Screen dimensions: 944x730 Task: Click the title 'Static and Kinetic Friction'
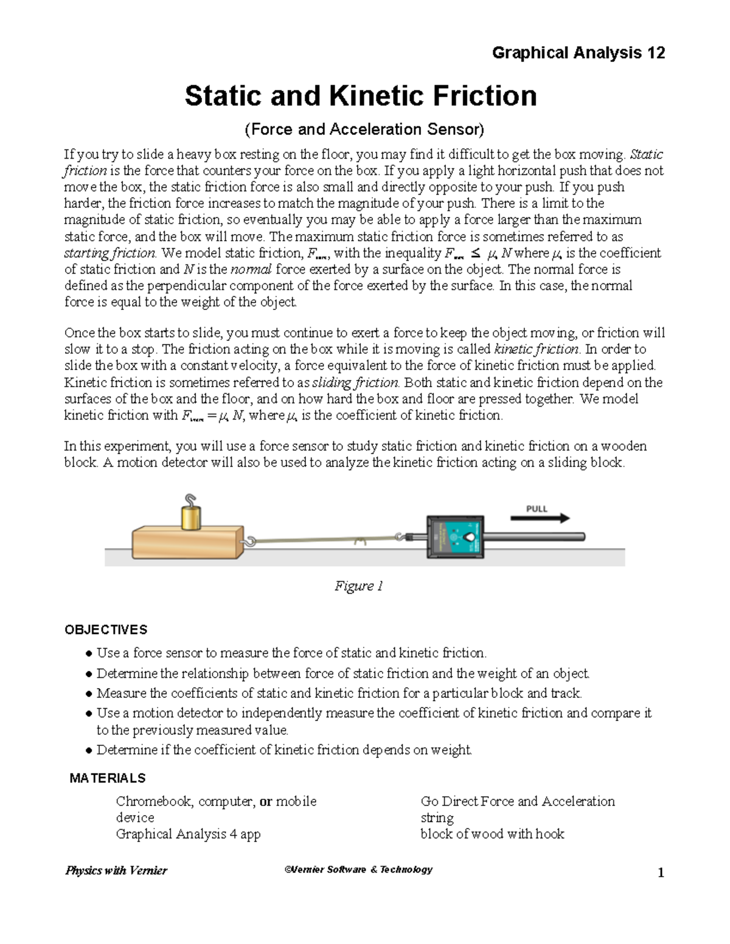click(361, 96)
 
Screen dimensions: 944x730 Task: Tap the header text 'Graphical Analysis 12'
click(578, 53)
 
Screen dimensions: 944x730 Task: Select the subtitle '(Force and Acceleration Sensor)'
click(364, 129)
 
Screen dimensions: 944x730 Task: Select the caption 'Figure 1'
click(359, 586)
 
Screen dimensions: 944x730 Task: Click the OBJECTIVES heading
click(106, 630)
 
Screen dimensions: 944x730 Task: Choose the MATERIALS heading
click(108, 778)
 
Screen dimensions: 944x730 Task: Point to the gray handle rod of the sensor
click(535, 537)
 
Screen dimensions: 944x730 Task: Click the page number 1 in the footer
click(661, 873)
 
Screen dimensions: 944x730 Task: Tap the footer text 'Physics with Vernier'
click(116, 870)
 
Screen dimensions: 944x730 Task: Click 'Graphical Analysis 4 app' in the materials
click(188, 834)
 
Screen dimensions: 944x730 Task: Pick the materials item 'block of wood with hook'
click(492, 834)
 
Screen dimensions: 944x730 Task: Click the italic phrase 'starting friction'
click(110, 253)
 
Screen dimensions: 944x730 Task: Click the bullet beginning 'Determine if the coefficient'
click(283, 749)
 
